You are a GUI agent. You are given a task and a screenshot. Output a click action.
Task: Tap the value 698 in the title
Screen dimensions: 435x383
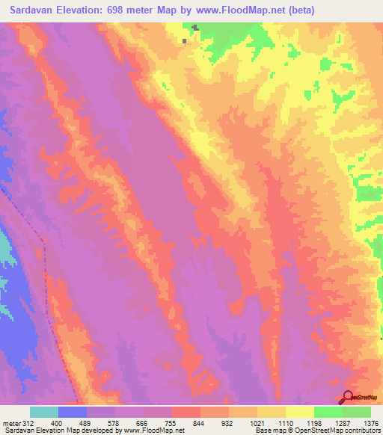pyautogui.click(x=128, y=10)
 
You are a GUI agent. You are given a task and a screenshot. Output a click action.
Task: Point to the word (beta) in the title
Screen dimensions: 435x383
pyautogui.click(x=298, y=10)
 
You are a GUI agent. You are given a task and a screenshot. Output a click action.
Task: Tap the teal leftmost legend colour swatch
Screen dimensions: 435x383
pyautogui.click(x=44, y=412)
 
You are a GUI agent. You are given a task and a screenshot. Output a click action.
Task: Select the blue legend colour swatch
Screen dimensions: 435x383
pyautogui.click(x=73, y=412)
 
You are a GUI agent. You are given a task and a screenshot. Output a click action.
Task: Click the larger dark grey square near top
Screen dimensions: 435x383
pyautogui.click(x=195, y=28)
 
